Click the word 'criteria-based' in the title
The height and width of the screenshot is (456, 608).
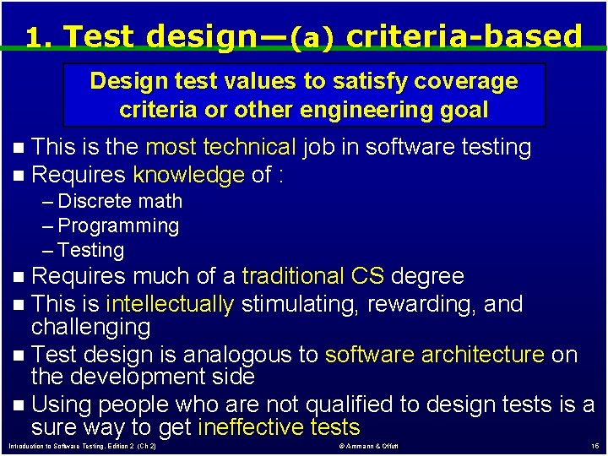point(464,35)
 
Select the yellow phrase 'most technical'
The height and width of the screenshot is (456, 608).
point(221,147)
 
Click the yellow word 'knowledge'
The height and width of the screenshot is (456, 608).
point(189,175)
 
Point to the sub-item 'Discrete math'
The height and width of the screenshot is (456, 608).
point(120,201)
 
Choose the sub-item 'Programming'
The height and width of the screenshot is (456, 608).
point(118,226)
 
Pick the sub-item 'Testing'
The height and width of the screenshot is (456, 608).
point(90,250)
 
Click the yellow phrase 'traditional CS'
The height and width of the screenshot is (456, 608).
point(313,275)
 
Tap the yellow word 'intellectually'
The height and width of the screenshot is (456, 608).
point(170,304)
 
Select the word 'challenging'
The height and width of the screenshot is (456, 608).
point(90,327)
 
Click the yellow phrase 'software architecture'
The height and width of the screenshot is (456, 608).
point(435,355)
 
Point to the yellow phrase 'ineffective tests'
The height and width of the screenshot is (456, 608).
point(280,427)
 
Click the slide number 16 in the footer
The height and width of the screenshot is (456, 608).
point(595,447)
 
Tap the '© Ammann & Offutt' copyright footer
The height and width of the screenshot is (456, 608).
point(368,447)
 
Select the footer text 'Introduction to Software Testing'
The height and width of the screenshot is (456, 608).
point(57,447)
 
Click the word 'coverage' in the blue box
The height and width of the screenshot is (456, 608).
point(465,82)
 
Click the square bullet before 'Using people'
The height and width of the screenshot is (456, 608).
point(19,405)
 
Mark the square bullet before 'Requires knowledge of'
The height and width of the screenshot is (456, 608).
point(19,176)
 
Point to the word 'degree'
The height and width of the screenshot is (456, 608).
point(427,277)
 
